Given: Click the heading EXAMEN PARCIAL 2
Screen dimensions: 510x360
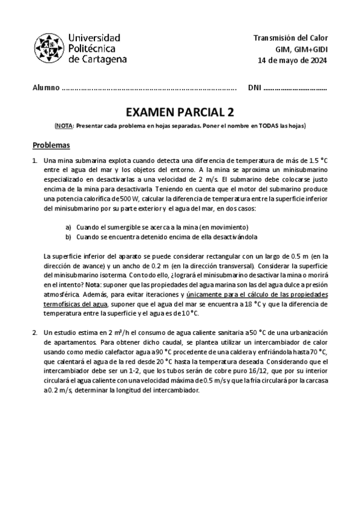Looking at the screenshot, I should click(x=180, y=112).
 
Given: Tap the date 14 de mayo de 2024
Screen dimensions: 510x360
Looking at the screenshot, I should click(x=292, y=60).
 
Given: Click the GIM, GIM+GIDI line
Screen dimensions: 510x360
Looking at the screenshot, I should click(x=301, y=49).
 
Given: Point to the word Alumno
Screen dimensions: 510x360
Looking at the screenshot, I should click(x=46, y=88).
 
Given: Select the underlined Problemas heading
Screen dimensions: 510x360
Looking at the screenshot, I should click(x=51, y=146).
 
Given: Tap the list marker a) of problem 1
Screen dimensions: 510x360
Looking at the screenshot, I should click(x=68, y=227).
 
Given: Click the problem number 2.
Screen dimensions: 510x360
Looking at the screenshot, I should click(x=34, y=331).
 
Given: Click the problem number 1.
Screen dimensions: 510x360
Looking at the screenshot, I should click(x=34, y=161).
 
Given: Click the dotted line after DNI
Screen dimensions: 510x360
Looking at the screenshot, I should click(x=295, y=88).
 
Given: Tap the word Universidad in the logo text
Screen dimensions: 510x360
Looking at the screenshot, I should click(x=94, y=37).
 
